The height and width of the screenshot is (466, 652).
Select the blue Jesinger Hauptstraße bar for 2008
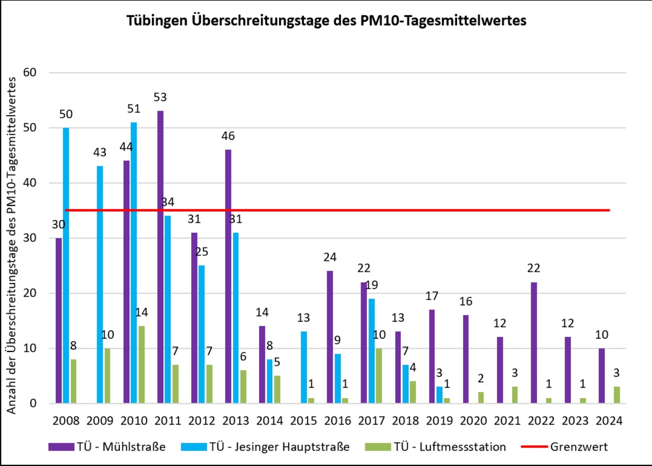pyautogui.click(x=66, y=265)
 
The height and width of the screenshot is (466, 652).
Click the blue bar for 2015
pyautogui.click(x=304, y=367)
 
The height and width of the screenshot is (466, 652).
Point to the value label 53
pyautogui.click(x=160, y=98)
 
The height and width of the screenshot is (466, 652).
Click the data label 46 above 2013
pyautogui.click(x=228, y=136)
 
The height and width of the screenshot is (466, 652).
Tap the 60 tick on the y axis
pyautogui.click(x=33, y=73)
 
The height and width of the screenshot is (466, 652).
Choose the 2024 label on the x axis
pyautogui.click(x=609, y=421)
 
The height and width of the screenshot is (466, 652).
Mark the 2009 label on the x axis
pyautogui.click(x=100, y=421)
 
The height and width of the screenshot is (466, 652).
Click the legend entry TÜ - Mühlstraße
pyautogui.click(x=107, y=447)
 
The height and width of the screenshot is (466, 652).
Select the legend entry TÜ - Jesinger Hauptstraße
pyautogui.click(x=265, y=447)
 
